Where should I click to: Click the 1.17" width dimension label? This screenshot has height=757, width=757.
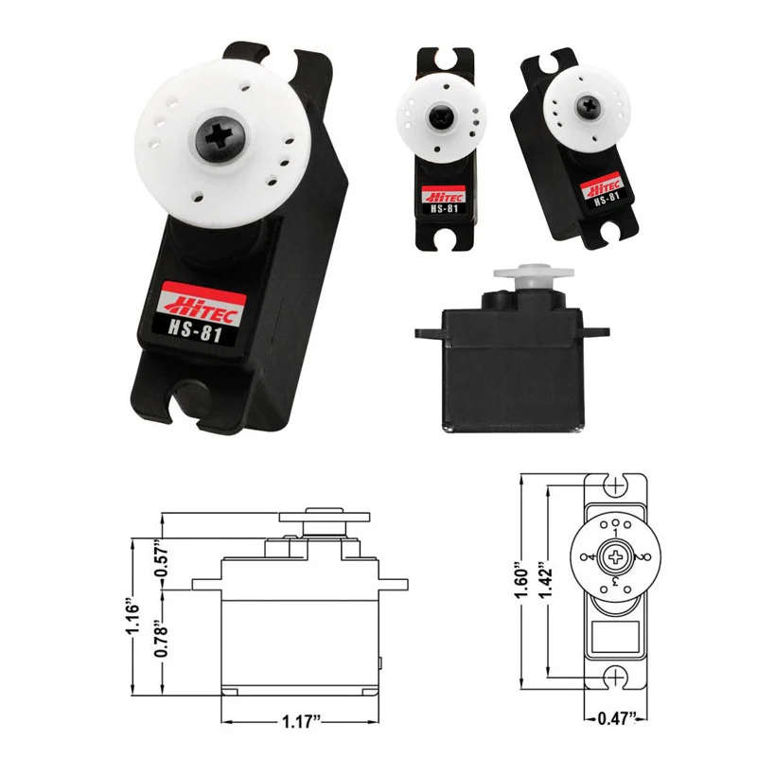point(302,722)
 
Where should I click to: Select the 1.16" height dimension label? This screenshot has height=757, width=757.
point(132,618)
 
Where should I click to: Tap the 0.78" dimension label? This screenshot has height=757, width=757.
point(161,638)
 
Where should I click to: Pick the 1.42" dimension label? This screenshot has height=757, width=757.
point(546,579)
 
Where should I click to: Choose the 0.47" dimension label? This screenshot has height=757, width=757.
point(616,718)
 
